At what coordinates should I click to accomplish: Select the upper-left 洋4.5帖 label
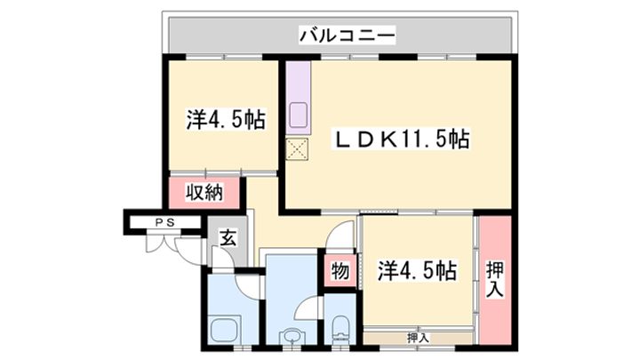click(226, 118)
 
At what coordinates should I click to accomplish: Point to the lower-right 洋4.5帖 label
click(417, 269)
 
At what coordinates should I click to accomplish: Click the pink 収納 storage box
click(204, 192)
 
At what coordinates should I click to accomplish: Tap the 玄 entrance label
click(227, 237)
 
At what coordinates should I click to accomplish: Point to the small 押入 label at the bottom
click(418, 337)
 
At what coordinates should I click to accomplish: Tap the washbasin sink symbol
click(291, 337)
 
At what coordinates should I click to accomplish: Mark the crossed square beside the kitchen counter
click(297, 149)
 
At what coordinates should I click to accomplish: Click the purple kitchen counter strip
click(297, 98)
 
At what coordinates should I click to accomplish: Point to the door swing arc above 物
click(342, 240)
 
